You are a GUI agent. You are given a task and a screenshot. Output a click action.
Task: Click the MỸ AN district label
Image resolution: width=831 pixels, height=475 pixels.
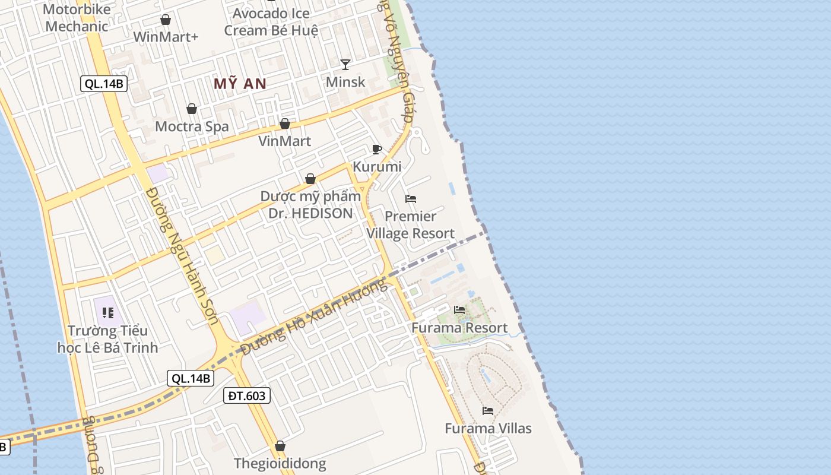click(x=240, y=84)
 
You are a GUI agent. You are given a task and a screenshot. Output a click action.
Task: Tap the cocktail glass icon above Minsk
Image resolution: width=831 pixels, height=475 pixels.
click(x=345, y=64)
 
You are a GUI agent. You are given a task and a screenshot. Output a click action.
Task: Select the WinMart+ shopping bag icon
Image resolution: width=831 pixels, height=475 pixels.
click(x=166, y=20)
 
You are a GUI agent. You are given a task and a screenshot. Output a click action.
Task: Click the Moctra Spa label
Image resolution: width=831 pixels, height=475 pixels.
click(x=192, y=126)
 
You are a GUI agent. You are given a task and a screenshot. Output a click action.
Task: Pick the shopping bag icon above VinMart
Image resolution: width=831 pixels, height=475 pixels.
click(x=285, y=123)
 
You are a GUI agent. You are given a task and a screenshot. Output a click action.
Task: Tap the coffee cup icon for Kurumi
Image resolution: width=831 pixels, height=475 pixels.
click(x=376, y=149)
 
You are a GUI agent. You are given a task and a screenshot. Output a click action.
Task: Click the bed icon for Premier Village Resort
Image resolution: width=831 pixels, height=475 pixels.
click(x=411, y=199)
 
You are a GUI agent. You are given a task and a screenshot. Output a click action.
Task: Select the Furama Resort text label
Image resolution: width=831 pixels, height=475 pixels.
click(x=459, y=328)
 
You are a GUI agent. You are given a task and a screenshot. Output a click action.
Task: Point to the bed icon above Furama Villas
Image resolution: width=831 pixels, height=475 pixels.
click(x=488, y=410)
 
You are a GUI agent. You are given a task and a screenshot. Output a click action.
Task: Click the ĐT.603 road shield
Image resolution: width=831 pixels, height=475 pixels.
click(x=247, y=395)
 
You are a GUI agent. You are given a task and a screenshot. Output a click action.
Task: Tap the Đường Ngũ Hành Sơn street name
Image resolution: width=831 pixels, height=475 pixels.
click(x=182, y=256)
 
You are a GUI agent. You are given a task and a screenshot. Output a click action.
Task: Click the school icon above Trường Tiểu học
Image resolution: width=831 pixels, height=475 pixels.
click(x=107, y=312)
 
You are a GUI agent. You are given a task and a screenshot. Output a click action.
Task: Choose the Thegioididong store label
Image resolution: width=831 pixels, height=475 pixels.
click(x=280, y=464)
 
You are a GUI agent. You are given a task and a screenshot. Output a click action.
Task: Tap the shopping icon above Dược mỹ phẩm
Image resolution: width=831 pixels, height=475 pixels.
click(x=310, y=179)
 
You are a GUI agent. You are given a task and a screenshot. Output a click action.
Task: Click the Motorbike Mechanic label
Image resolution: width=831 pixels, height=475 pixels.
click(x=77, y=18)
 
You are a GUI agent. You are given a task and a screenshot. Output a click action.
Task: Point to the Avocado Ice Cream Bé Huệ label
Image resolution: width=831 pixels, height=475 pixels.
click(x=271, y=21)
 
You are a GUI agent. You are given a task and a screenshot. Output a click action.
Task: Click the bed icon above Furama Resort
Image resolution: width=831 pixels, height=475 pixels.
click(x=459, y=309)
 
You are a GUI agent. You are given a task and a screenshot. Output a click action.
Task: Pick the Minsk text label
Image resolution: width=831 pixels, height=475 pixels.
click(x=345, y=82)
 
